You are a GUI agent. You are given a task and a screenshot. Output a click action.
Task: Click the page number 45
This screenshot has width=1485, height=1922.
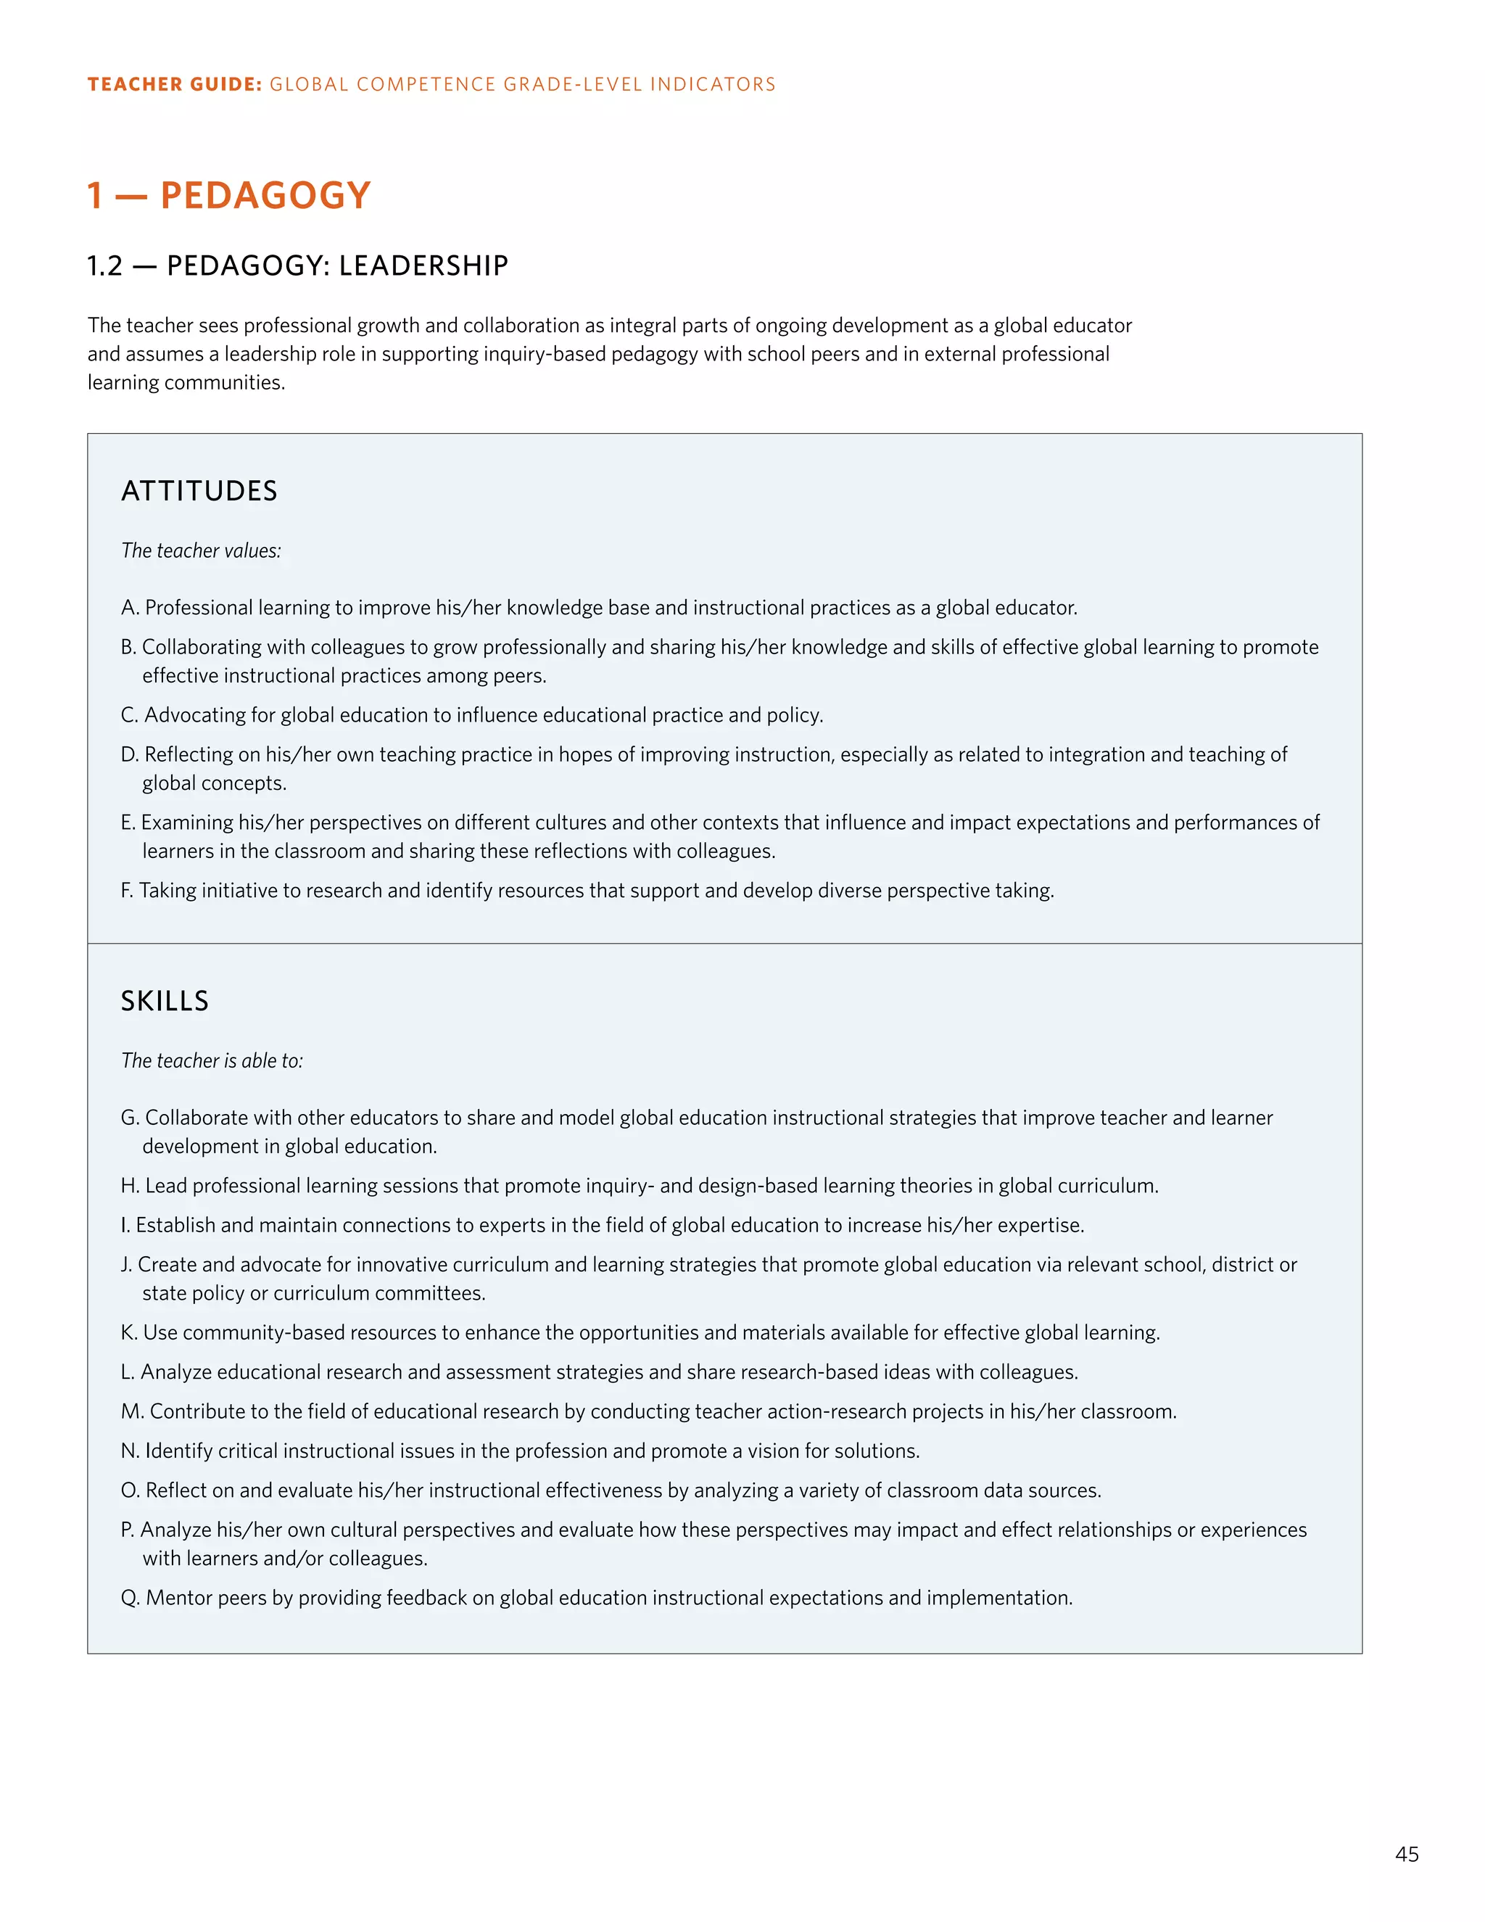point(1406,1855)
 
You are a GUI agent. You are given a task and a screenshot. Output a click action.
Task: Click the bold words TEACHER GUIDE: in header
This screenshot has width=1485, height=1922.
point(174,84)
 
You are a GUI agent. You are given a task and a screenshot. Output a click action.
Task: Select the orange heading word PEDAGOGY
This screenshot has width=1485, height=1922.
point(265,195)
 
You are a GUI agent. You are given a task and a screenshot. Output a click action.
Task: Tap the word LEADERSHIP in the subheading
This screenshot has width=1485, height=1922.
point(423,265)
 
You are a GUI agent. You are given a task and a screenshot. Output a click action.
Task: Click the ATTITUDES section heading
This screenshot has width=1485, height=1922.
point(199,491)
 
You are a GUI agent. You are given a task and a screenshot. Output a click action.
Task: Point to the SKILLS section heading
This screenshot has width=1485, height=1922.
point(165,1002)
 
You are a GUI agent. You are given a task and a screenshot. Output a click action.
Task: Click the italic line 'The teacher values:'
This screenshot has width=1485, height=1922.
point(201,551)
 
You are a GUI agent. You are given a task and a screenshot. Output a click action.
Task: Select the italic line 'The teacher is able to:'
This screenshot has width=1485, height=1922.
point(211,1061)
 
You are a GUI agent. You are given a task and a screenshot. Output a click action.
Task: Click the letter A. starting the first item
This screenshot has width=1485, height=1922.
point(129,608)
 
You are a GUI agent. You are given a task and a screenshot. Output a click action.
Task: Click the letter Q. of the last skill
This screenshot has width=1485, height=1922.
point(131,1598)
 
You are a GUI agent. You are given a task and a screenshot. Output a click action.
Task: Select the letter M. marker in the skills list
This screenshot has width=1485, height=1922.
point(132,1411)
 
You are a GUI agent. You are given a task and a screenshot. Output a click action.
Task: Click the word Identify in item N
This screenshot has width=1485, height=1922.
point(178,1451)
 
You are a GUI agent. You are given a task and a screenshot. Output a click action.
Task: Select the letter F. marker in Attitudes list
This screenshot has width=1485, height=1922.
point(127,891)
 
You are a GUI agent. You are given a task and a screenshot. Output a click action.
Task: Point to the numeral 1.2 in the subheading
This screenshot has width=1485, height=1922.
point(104,265)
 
